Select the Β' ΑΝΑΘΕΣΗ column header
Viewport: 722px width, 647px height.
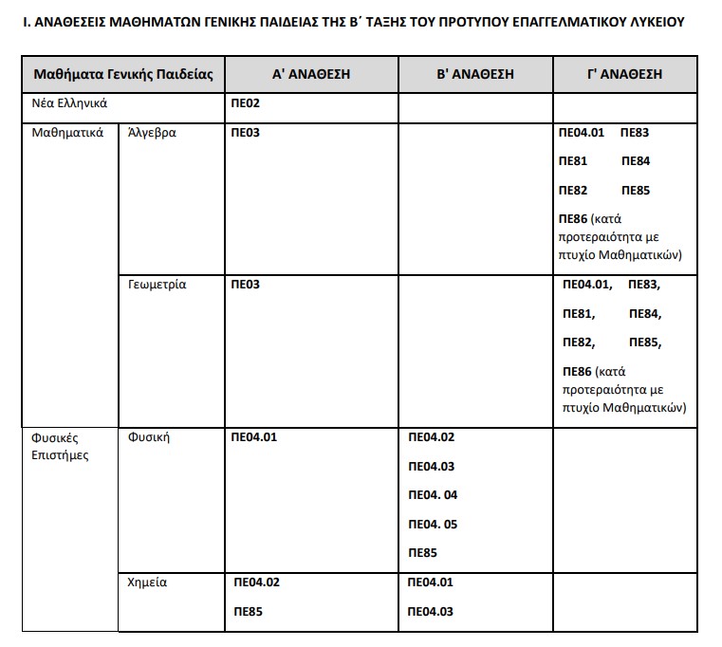(x=474, y=74)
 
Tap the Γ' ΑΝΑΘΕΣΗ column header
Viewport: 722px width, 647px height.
(x=624, y=74)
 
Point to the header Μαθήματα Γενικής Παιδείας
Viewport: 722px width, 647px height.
(x=122, y=74)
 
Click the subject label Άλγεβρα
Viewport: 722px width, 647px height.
(x=152, y=133)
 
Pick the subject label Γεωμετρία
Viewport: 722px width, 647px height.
(x=157, y=285)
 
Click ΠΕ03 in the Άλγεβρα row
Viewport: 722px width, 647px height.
(x=245, y=133)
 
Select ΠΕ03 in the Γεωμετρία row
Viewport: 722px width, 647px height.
(x=245, y=285)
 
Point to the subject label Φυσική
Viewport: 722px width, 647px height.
(x=148, y=437)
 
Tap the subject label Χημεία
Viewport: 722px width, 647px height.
(x=147, y=582)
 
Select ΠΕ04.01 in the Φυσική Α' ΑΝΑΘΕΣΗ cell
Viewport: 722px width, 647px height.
(x=254, y=437)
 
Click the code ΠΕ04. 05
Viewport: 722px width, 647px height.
(x=433, y=524)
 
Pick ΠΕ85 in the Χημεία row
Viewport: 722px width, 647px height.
(x=248, y=611)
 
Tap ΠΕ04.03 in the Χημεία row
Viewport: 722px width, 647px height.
(x=431, y=611)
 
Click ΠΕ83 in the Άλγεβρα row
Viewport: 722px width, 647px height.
(x=634, y=133)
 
